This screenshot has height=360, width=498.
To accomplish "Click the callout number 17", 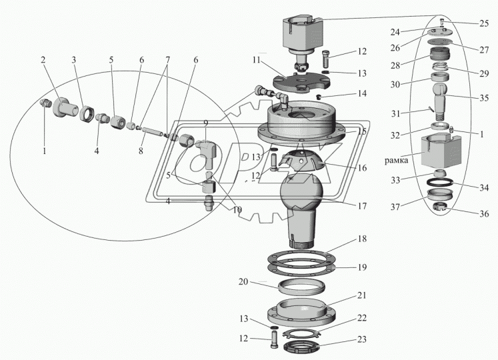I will click(361, 207).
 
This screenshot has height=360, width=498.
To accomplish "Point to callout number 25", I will click(483, 23).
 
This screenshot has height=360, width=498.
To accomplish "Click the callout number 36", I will click(483, 215).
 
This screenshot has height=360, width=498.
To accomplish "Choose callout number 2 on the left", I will click(43, 61).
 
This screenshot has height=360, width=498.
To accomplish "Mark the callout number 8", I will click(141, 151).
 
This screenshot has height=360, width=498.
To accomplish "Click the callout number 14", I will click(361, 94).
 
